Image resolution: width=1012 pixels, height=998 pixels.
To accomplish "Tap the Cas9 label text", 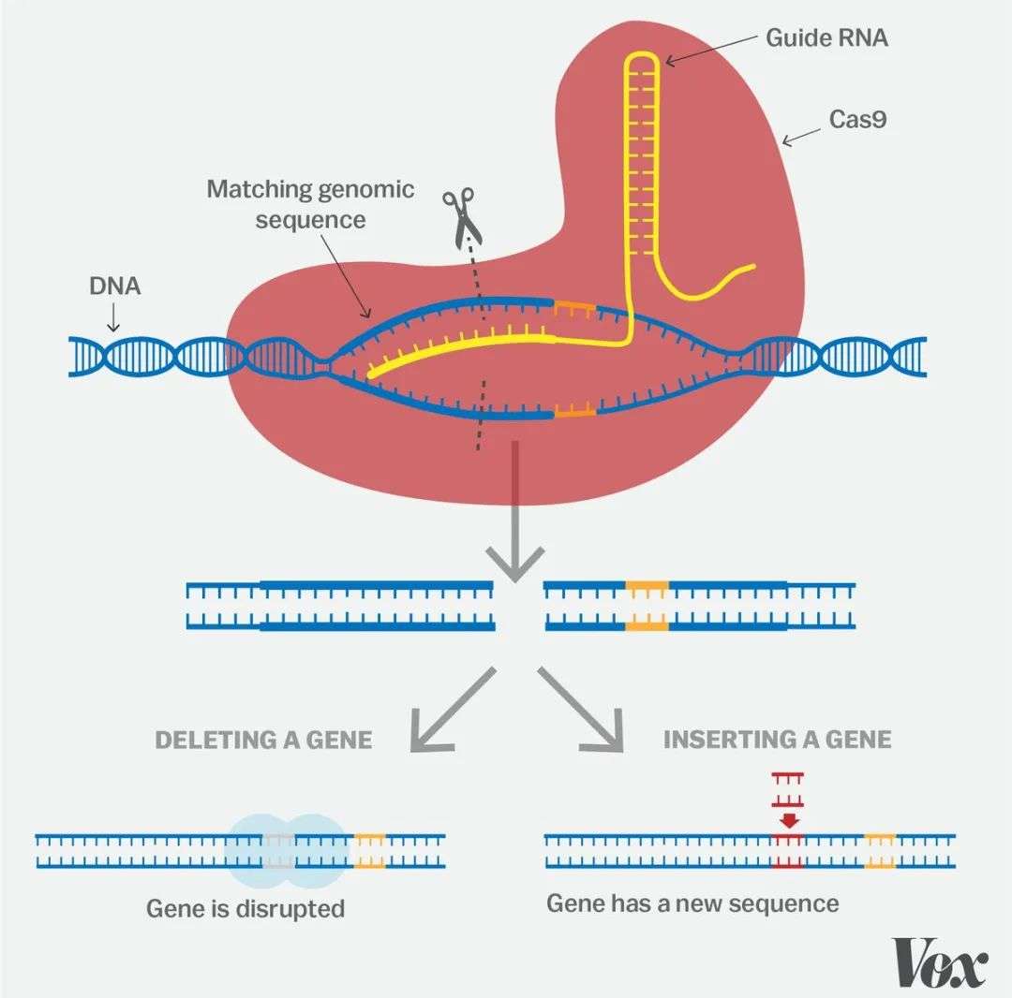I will coord(858,119).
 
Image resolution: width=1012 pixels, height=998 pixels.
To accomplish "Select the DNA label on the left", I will coord(115,286).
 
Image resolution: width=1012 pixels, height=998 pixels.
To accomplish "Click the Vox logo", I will coord(940,961).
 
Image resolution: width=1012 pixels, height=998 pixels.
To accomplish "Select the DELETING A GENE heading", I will coord(263,740).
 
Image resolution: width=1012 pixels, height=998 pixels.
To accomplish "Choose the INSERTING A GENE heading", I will coord(777,740).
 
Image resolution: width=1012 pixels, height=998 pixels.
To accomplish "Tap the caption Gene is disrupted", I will coord(246,908).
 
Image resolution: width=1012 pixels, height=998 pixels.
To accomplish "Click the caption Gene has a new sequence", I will coord(692,903).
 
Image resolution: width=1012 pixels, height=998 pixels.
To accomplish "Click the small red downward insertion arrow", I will coord(789,819).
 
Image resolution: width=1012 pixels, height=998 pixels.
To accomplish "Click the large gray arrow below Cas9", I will coord(513,524).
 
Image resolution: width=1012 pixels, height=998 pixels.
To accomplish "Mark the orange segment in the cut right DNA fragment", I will coord(647,605).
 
